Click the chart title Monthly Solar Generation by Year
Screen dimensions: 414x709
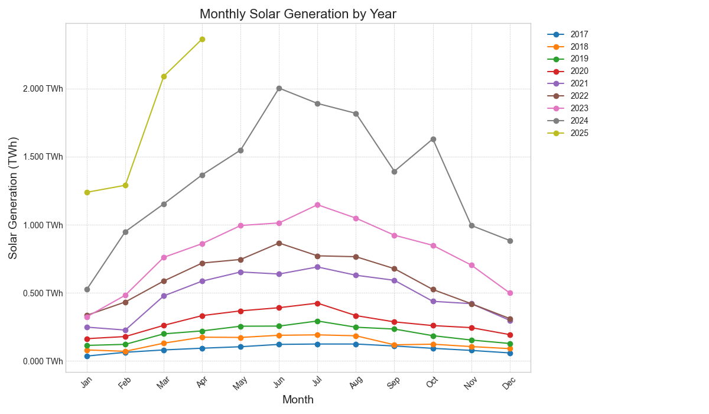[x=298, y=14]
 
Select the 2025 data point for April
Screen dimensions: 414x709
[x=202, y=39]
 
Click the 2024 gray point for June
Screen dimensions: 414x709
[x=279, y=88]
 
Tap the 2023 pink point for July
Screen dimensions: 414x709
[x=317, y=205]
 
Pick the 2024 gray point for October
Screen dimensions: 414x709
[x=433, y=139]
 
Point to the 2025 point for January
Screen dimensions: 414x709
[x=87, y=192]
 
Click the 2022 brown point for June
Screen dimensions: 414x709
[x=279, y=243]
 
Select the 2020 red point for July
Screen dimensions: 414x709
[x=317, y=303]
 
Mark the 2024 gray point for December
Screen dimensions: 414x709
[x=510, y=241]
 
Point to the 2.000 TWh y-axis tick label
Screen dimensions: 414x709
[x=43, y=89]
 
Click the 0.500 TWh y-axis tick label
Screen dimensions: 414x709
[x=43, y=293]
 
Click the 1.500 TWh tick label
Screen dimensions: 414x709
[x=43, y=157]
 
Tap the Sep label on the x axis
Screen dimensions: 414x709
[x=393, y=383]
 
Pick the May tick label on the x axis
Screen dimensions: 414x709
[x=239, y=384]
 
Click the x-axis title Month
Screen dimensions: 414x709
[x=298, y=400]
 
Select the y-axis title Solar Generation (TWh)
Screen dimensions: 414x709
[x=13, y=198]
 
